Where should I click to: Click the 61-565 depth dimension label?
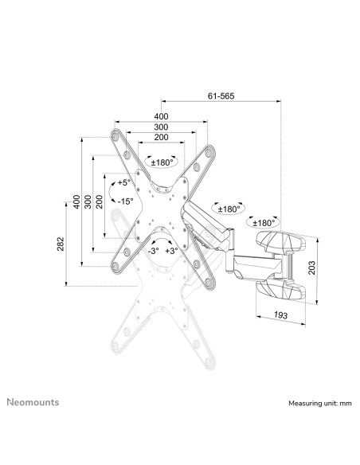click(221, 95)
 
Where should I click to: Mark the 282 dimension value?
click(61, 244)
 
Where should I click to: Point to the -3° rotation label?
click(152, 251)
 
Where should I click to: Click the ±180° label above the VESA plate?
click(162, 162)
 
